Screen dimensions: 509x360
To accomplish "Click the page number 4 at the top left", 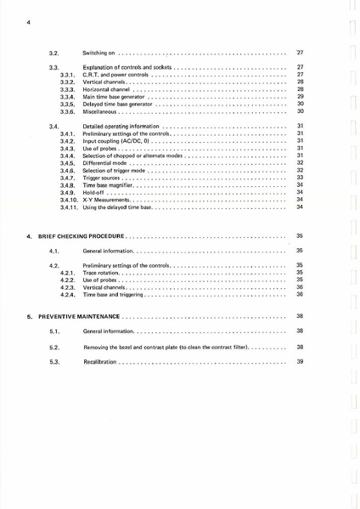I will pos(29,21).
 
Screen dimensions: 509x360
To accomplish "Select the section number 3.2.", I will pos(53,52).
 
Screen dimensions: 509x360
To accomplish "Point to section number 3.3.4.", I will pos(69,97).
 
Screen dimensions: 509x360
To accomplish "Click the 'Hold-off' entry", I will pos(95,192).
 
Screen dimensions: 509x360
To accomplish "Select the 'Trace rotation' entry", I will pos(104,273).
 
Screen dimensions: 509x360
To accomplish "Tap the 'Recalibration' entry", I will pos(100,362).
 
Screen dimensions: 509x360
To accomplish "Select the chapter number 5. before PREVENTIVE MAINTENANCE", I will pos(30,315).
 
